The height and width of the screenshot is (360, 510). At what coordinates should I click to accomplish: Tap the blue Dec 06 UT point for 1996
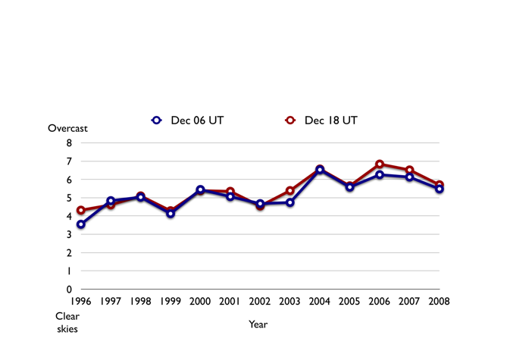[x=80, y=224]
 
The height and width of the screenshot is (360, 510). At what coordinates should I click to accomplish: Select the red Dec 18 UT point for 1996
[x=80, y=210]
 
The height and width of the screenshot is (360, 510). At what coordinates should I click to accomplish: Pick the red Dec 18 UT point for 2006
[x=380, y=164]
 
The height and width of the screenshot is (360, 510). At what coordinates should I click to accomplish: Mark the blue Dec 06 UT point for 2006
[x=380, y=174]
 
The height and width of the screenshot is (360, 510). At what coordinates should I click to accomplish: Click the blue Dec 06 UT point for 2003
[x=290, y=202]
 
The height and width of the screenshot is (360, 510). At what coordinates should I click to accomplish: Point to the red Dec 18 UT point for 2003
[x=290, y=191]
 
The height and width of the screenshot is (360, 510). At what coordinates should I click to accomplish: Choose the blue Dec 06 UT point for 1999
[x=171, y=214]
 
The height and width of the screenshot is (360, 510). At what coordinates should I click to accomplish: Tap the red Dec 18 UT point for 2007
[x=410, y=170]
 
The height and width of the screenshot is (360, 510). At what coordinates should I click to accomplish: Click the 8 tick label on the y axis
[x=69, y=143]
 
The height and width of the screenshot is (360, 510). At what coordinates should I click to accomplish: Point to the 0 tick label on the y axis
[x=69, y=290]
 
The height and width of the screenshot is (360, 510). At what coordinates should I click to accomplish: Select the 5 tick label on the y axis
[x=69, y=198]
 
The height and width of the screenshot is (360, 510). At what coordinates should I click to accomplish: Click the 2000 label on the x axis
[x=200, y=302]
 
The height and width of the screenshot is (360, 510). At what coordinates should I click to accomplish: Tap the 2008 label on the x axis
[x=439, y=302]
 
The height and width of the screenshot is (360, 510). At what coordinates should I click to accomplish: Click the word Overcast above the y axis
[x=68, y=128]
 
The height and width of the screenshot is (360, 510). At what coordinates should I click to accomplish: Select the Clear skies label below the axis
[x=67, y=322]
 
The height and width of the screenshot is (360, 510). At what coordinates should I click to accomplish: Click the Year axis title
[x=258, y=324]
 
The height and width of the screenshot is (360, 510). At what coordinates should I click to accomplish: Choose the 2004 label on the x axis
[x=320, y=302]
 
